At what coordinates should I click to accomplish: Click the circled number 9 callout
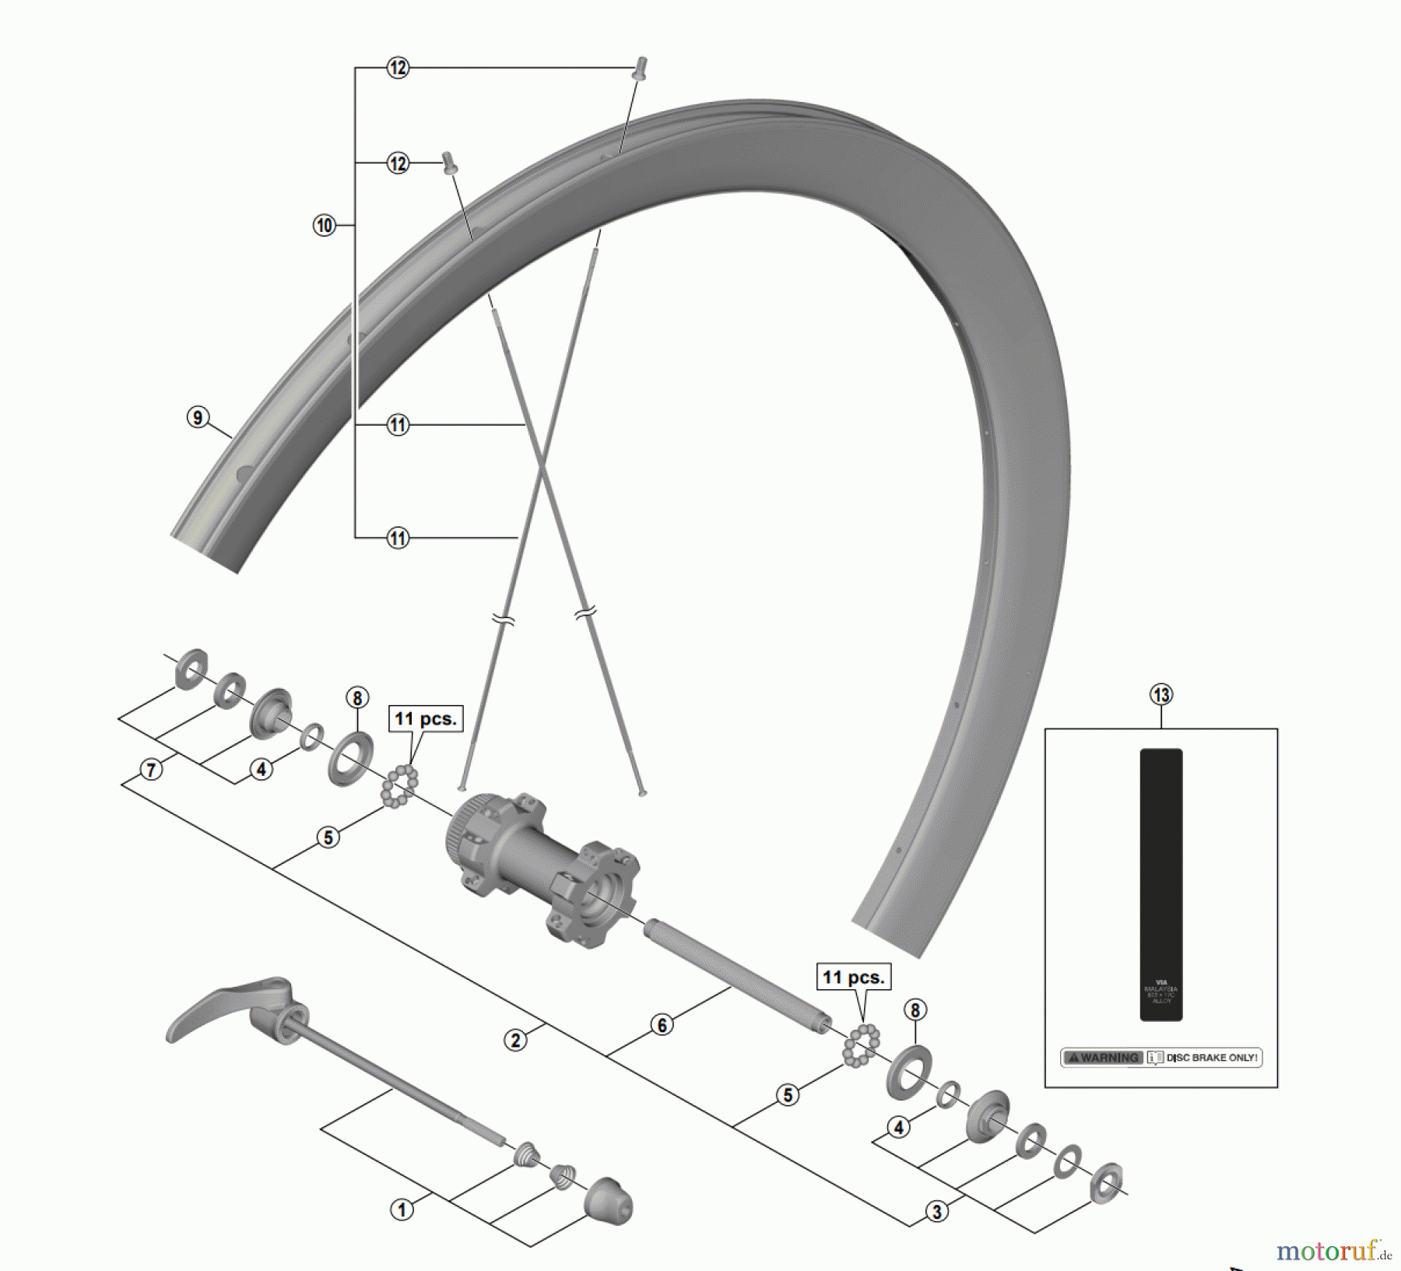(x=198, y=418)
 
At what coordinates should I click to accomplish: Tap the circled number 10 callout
(x=324, y=226)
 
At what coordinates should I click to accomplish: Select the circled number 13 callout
(x=1160, y=694)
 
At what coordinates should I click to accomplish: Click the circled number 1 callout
(x=402, y=1210)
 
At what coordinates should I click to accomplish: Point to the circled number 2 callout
(x=515, y=1040)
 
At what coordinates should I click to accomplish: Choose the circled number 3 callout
(x=936, y=1211)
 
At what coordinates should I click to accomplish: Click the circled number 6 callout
(x=662, y=1025)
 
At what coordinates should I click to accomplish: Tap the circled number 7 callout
(x=151, y=770)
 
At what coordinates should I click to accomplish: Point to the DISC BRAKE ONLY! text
(x=1212, y=1058)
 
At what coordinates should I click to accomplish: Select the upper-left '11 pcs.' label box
(x=426, y=718)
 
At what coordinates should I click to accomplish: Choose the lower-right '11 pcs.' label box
(x=854, y=977)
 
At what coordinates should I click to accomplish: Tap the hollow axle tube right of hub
(x=736, y=976)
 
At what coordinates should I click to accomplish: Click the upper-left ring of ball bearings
(x=399, y=785)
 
